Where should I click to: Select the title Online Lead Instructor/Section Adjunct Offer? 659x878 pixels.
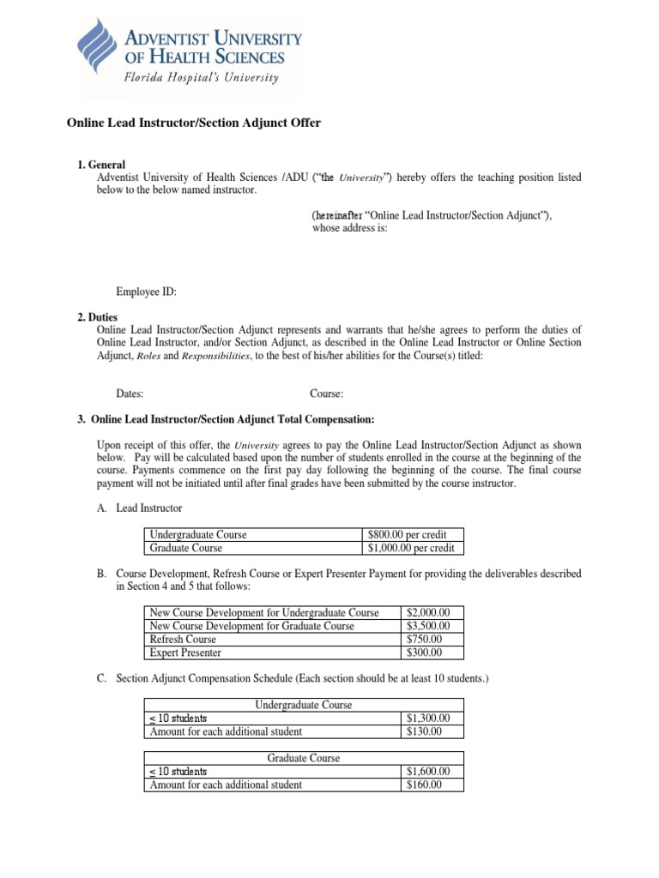(194, 123)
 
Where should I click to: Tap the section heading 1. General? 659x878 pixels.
(101, 165)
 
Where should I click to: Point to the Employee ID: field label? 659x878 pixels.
(146, 292)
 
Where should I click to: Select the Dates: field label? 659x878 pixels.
(130, 394)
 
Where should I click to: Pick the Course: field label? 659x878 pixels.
(326, 394)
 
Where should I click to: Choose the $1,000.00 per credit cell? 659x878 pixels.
(411, 548)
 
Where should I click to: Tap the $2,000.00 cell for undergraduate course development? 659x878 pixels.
(433, 613)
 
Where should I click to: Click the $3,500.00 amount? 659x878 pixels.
(433, 626)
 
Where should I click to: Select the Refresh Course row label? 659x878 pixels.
(183, 640)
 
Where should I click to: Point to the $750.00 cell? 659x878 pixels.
(425, 640)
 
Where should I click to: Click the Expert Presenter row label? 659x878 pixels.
(185, 652)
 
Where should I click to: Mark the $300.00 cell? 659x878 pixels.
(425, 652)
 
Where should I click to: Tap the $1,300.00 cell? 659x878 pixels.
(433, 719)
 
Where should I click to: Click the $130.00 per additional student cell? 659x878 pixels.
(425, 731)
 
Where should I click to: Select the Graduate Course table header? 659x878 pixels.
(303, 758)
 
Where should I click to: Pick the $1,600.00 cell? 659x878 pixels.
(433, 772)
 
